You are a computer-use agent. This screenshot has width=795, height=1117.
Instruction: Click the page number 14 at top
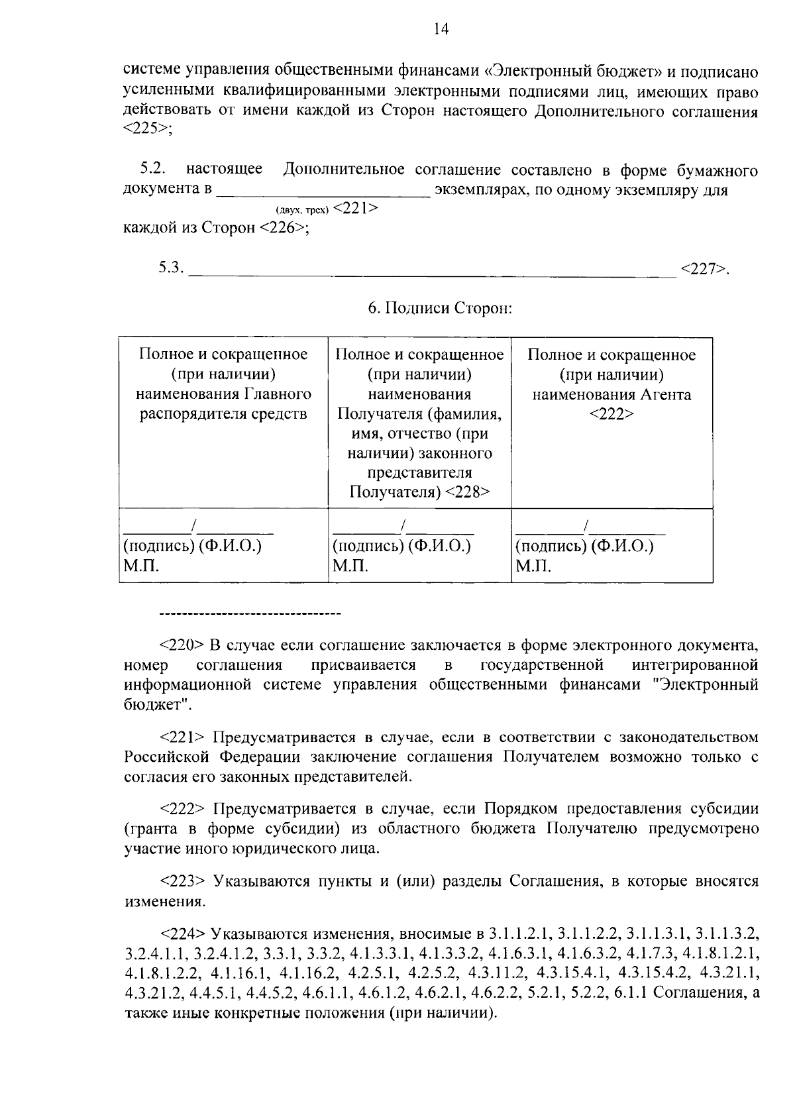click(x=441, y=28)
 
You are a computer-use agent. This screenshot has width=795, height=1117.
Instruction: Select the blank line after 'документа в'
click(x=323, y=192)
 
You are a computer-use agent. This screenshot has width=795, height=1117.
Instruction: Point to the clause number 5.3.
click(x=170, y=268)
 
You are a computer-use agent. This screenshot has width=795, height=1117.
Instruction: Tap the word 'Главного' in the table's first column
click(x=278, y=395)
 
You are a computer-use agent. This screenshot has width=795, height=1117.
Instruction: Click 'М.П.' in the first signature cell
click(x=141, y=566)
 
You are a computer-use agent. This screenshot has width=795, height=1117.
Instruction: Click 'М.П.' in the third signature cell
click(x=533, y=566)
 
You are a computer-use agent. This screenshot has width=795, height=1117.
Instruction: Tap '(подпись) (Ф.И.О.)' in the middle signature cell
click(x=401, y=547)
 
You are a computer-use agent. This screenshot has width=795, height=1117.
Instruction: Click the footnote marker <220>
click(x=182, y=645)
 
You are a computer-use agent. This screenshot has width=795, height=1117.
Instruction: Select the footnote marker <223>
click(x=183, y=881)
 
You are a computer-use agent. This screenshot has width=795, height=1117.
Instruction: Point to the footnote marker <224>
click(x=183, y=934)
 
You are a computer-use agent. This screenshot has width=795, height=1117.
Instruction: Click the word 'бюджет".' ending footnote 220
click(x=158, y=704)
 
